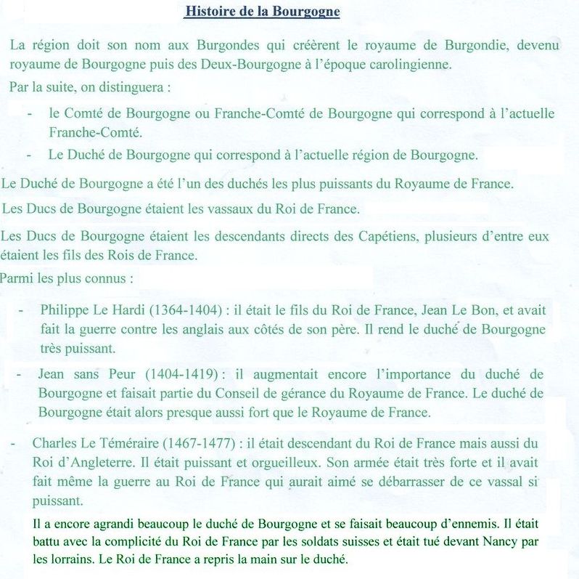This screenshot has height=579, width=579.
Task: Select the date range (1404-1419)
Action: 181,374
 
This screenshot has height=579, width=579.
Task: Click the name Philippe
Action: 64,310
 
